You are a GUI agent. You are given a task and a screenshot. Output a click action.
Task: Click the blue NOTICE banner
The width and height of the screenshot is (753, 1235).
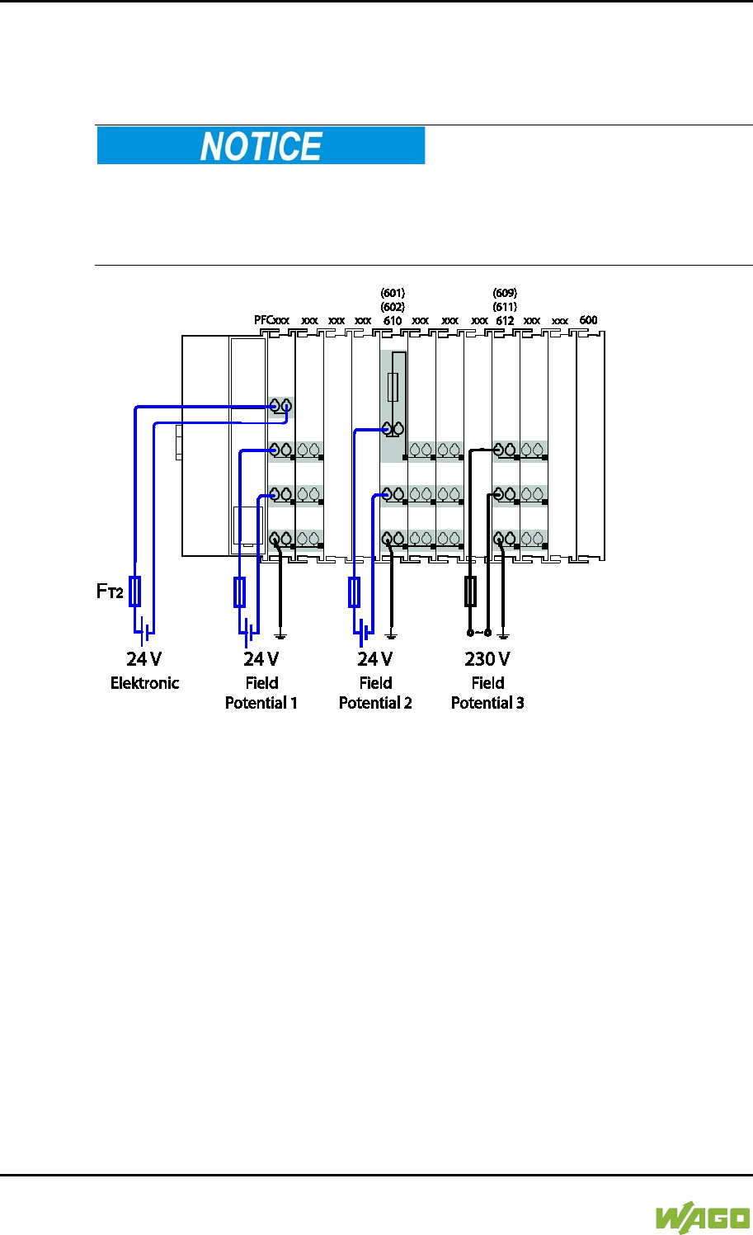(x=261, y=146)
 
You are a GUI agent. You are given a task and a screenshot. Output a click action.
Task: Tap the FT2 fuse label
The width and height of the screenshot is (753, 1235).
(x=110, y=592)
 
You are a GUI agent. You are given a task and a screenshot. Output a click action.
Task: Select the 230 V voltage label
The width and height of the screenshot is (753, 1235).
(x=487, y=659)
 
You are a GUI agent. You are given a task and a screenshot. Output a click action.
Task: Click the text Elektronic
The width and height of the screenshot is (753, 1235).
(x=144, y=683)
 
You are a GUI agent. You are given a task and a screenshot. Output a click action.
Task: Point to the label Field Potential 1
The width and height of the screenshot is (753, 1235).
(x=261, y=693)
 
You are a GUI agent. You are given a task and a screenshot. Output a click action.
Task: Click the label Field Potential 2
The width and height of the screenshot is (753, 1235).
(x=375, y=693)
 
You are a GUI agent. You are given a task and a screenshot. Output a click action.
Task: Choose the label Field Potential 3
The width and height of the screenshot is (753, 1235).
(x=487, y=693)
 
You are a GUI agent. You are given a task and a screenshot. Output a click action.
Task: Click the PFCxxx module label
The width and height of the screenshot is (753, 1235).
(x=271, y=320)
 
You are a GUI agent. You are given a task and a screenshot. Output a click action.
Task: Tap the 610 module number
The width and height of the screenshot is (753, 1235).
(x=393, y=320)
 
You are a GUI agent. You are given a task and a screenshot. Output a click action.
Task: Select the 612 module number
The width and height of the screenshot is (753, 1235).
(x=505, y=320)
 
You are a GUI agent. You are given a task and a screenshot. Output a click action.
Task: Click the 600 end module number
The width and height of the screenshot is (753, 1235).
(x=588, y=320)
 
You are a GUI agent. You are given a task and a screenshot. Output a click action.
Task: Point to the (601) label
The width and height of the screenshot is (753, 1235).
(x=393, y=293)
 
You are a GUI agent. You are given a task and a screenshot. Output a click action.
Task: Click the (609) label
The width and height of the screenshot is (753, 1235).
(x=505, y=293)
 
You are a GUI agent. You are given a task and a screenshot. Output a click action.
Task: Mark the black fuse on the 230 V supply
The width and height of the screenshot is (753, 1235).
(x=470, y=592)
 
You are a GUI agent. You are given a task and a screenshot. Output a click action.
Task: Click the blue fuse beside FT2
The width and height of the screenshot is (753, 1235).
(x=135, y=592)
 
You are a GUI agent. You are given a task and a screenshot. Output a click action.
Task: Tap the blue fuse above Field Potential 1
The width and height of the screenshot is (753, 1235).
(x=240, y=592)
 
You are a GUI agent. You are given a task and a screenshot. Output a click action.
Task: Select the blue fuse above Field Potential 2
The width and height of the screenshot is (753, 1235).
(x=355, y=592)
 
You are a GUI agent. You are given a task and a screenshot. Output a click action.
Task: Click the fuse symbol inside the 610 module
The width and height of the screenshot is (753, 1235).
(x=393, y=386)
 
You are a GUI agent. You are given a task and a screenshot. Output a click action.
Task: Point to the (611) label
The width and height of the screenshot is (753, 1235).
(x=505, y=307)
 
